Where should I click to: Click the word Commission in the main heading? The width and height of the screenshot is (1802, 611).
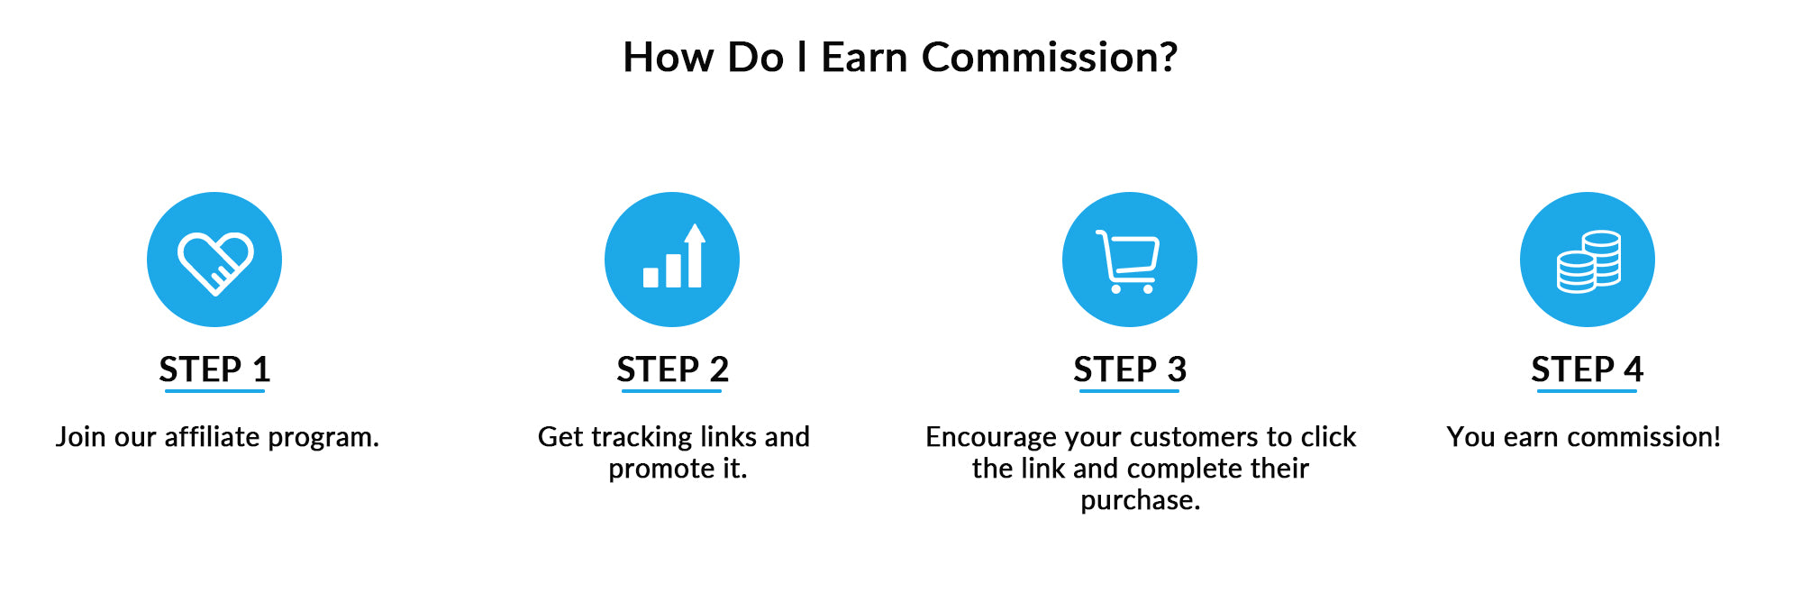tap(1039, 58)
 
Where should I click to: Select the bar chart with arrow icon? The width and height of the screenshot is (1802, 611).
tap(673, 256)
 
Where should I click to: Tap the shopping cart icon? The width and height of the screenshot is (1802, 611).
tap(1128, 261)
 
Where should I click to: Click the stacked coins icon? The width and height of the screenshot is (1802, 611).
tap(1588, 262)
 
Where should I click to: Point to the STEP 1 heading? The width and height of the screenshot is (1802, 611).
tap(214, 369)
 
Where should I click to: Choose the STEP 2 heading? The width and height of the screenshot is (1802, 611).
tap(672, 369)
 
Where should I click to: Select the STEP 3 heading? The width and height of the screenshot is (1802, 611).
tap(1130, 369)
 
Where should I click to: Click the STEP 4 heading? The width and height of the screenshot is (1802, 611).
tap(1588, 369)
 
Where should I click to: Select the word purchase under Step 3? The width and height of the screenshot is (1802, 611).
tap(1136, 501)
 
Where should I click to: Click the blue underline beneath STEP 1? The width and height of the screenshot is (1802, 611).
tap(214, 391)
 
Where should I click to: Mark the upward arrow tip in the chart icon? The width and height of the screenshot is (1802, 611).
tap(695, 223)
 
